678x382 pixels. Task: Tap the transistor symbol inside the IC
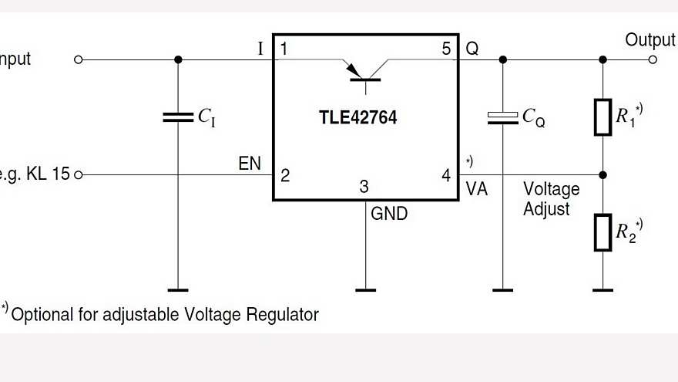click(x=365, y=69)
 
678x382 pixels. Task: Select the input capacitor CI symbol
click(x=178, y=117)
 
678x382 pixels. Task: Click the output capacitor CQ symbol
click(x=502, y=117)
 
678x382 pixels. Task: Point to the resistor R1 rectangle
click(x=602, y=117)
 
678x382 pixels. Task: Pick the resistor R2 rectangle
click(x=602, y=232)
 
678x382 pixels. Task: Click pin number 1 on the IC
click(x=284, y=49)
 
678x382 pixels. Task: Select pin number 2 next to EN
click(x=284, y=175)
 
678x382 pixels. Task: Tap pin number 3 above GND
click(x=365, y=186)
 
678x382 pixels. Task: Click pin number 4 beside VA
click(x=446, y=175)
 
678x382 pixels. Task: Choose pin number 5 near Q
click(x=446, y=49)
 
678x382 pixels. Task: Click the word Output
click(x=649, y=39)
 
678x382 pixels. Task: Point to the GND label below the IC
click(x=389, y=214)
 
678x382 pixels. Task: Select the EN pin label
click(x=250, y=163)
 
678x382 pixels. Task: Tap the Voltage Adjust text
click(x=551, y=198)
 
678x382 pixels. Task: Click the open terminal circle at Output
click(x=653, y=59)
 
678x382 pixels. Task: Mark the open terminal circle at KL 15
click(x=77, y=174)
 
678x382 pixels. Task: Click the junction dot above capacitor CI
click(x=178, y=59)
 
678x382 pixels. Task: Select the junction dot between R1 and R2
click(x=602, y=174)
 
